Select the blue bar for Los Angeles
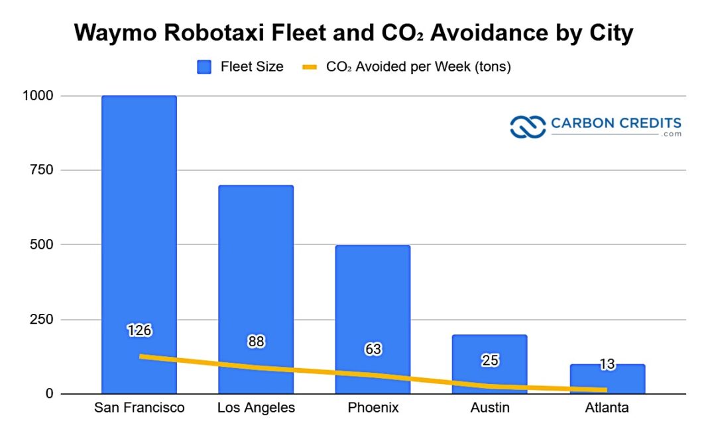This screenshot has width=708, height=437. point(256,265)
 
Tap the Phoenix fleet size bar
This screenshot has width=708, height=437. point(373,298)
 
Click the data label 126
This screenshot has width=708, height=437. point(140,330)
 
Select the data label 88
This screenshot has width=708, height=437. point(256,342)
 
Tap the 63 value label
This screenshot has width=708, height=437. point(373,349)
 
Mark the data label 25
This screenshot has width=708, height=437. point(490,360)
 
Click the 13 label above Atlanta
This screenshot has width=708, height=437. point(607,364)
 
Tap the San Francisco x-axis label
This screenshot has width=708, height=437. point(139,408)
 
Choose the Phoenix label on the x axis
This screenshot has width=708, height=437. point(373,408)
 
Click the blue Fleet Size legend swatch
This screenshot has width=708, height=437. point(204,67)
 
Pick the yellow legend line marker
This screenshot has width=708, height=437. point(310,67)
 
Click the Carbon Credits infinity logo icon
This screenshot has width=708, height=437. point(528,126)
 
